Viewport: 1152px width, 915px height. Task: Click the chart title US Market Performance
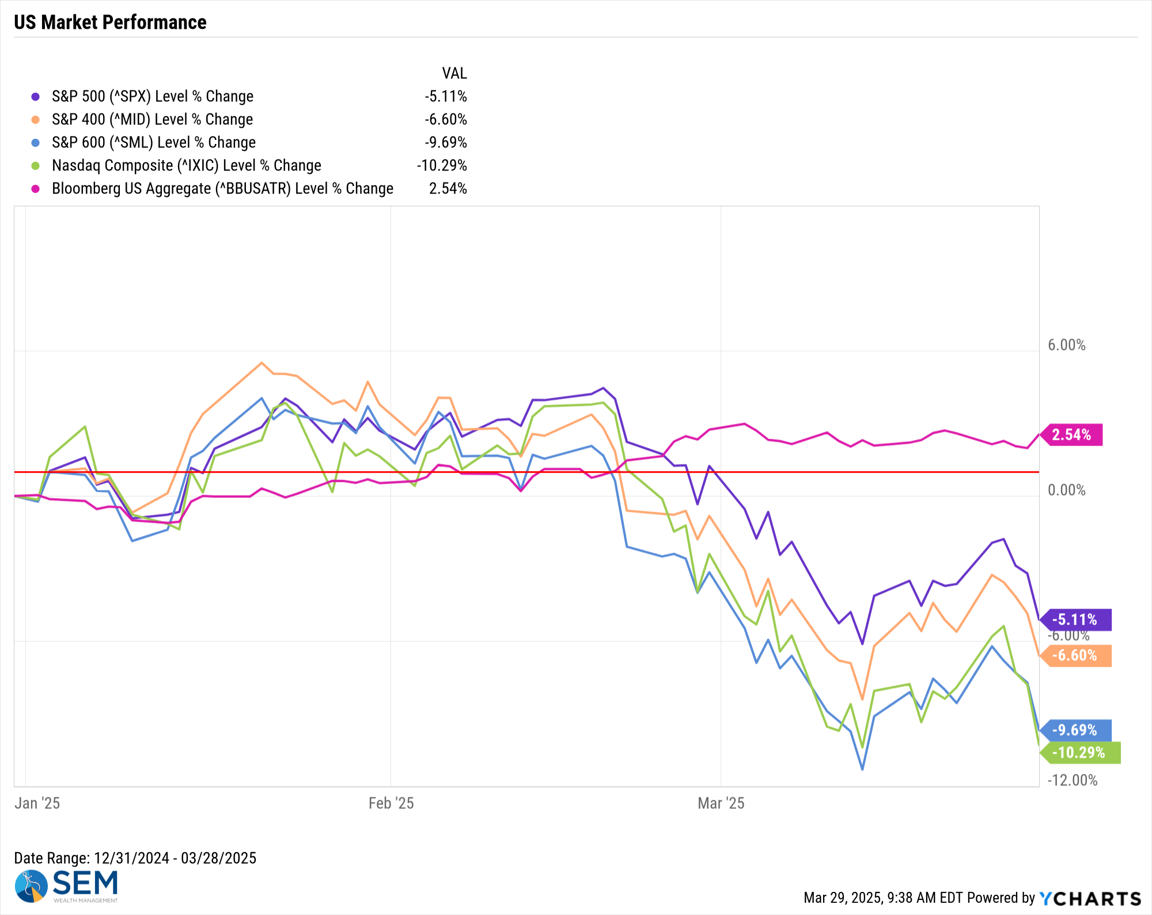[x=110, y=22]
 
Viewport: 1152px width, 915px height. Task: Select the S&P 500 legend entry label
[x=153, y=96]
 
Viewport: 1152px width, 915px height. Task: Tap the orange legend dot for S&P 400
[x=36, y=120]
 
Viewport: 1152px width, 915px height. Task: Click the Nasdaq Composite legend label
[x=187, y=165]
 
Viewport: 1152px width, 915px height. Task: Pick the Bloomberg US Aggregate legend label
[x=223, y=188]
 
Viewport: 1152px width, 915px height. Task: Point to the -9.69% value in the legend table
[x=446, y=142]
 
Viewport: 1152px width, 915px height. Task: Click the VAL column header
[x=454, y=73]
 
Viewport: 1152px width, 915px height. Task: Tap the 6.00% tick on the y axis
[x=1067, y=345]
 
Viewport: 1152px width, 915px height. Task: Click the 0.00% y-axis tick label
[x=1067, y=490]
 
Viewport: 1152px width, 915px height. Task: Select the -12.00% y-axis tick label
[x=1073, y=780]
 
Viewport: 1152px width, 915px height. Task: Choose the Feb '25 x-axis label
[x=391, y=803]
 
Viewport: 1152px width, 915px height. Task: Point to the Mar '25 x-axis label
[x=721, y=803]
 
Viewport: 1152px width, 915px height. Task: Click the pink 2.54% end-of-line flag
[x=1071, y=435]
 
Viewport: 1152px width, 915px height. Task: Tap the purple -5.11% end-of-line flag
[x=1075, y=620]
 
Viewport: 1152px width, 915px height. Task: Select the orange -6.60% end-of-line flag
[x=1075, y=655]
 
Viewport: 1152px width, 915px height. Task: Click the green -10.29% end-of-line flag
[x=1080, y=753]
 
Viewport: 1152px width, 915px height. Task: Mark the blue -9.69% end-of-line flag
[x=1075, y=730]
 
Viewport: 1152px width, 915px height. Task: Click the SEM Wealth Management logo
[x=67, y=886]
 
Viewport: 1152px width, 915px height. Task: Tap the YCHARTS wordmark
[x=1090, y=898]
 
